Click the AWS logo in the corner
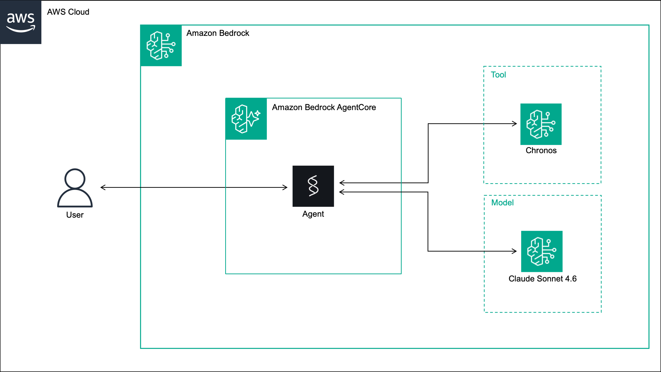(x=20, y=22)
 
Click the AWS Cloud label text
(x=68, y=12)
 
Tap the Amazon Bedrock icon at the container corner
(x=161, y=45)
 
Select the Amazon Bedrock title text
(x=218, y=33)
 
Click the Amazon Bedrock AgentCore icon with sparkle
(x=246, y=119)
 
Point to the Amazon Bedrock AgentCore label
(x=324, y=107)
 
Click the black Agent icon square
(x=313, y=186)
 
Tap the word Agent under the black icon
(x=313, y=214)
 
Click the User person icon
(x=75, y=187)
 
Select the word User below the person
(x=75, y=215)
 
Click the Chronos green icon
(x=541, y=124)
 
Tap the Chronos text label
(x=541, y=150)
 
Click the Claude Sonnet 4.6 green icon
(x=542, y=251)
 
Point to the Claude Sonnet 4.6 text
(x=542, y=278)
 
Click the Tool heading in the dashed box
(x=498, y=75)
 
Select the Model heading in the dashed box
(x=502, y=202)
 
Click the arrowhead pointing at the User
(x=102, y=187)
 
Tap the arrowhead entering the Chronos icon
(x=515, y=124)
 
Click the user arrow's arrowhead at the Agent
(x=285, y=187)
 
